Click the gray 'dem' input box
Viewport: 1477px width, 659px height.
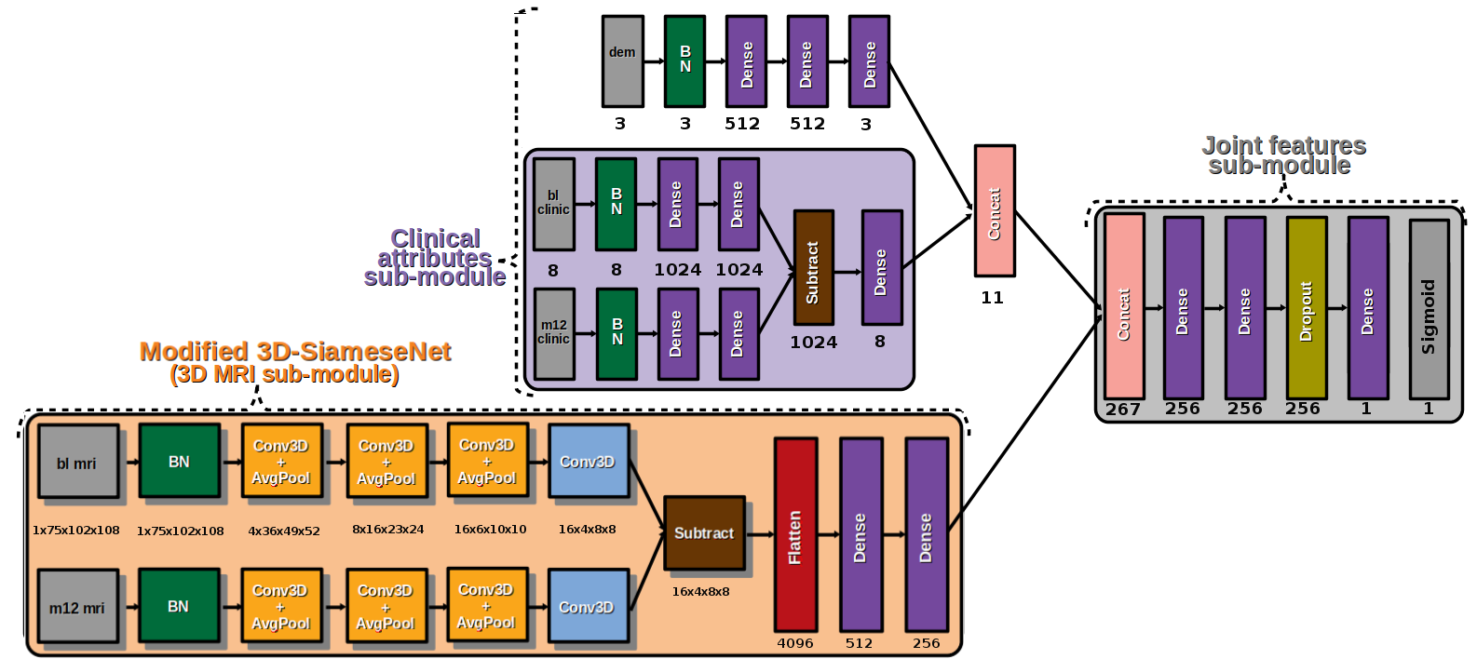[622, 61]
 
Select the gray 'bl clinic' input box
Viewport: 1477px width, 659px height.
[554, 204]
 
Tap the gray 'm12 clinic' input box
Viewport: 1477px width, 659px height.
[554, 334]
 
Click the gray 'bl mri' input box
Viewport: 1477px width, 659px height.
[78, 462]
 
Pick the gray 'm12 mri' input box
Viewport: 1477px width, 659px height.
[78, 606]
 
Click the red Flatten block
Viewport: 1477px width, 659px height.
[796, 534]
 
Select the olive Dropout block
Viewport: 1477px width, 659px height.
[1307, 308]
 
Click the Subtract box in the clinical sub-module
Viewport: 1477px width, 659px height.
[814, 267]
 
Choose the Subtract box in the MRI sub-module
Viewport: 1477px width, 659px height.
[704, 533]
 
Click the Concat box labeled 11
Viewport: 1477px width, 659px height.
[995, 211]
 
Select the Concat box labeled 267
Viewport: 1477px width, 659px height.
[1124, 306]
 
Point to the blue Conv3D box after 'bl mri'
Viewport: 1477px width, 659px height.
[589, 462]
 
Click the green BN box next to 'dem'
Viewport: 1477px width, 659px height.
[685, 61]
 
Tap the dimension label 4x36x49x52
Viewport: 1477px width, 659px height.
[284, 531]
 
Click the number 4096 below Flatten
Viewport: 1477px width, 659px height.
[795, 643]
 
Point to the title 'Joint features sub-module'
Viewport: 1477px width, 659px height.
[1283, 155]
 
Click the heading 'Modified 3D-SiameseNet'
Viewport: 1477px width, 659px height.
[295, 351]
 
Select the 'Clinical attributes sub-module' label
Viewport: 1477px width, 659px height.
[435, 258]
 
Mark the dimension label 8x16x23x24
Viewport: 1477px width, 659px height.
[387, 530]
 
